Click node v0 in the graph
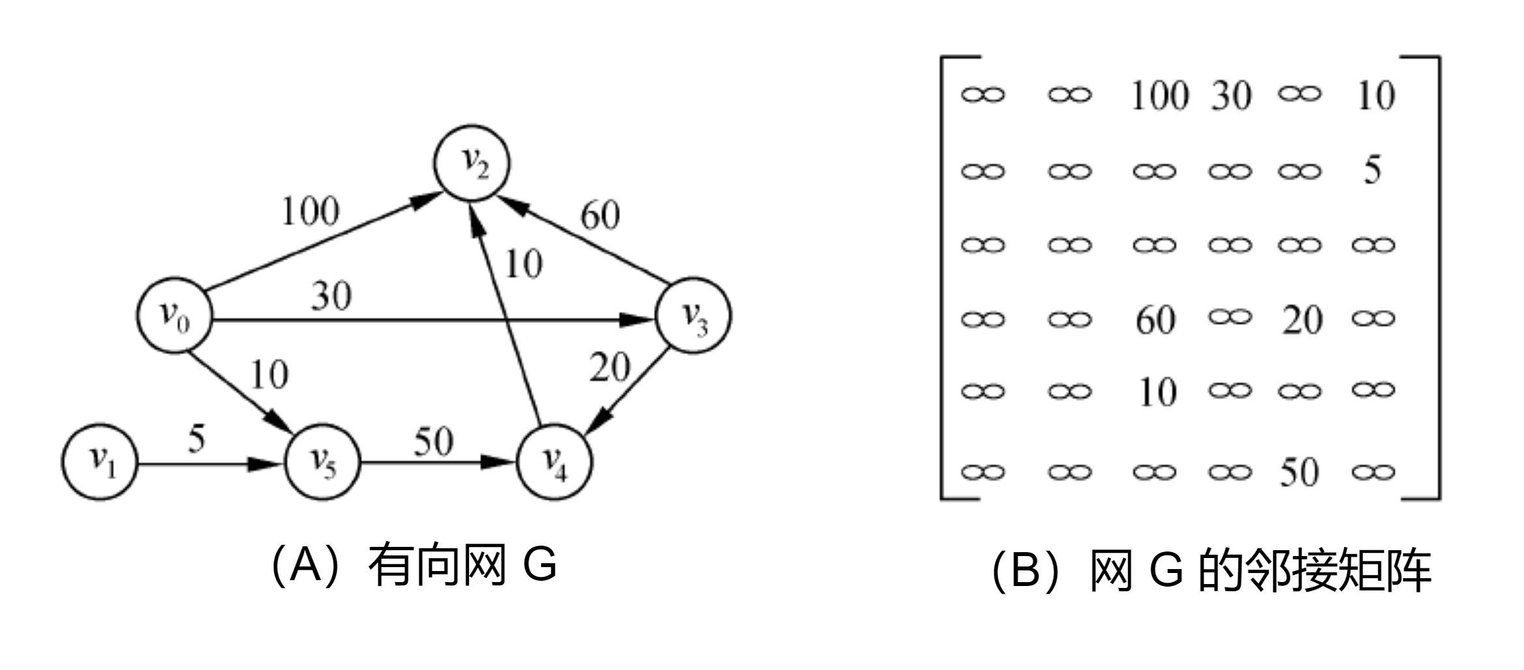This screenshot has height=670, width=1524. pyautogui.click(x=174, y=316)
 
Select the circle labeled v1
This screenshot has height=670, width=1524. pyautogui.click(x=100, y=462)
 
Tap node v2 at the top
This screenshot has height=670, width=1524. pyautogui.click(x=473, y=163)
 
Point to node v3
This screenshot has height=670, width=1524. pyautogui.click(x=694, y=316)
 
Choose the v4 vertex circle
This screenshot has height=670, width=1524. pyautogui.click(x=554, y=462)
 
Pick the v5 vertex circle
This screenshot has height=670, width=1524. pyautogui.click(x=322, y=462)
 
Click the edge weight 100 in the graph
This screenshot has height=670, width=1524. pyautogui.click(x=310, y=211)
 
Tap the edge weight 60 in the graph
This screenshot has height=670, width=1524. pyautogui.click(x=600, y=216)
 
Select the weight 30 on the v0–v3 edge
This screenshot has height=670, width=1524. pyautogui.click(x=331, y=296)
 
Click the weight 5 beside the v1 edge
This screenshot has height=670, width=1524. pyautogui.click(x=196, y=439)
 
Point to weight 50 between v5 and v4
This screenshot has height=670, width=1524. pyautogui.click(x=433, y=442)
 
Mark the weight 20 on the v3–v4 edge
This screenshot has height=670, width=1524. pyautogui.click(x=610, y=367)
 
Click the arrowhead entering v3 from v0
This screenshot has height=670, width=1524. pyautogui.click(x=637, y=320)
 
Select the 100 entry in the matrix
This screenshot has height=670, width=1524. pyautogui.click(x=1159, y=96)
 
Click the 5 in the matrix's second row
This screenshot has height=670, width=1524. pyautogui.click(x=1372, y=171)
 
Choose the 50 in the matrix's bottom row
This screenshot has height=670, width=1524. pyautogui.click(x=1299, y=472)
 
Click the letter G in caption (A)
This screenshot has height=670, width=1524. pyautogui.click(x=540, y=564)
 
